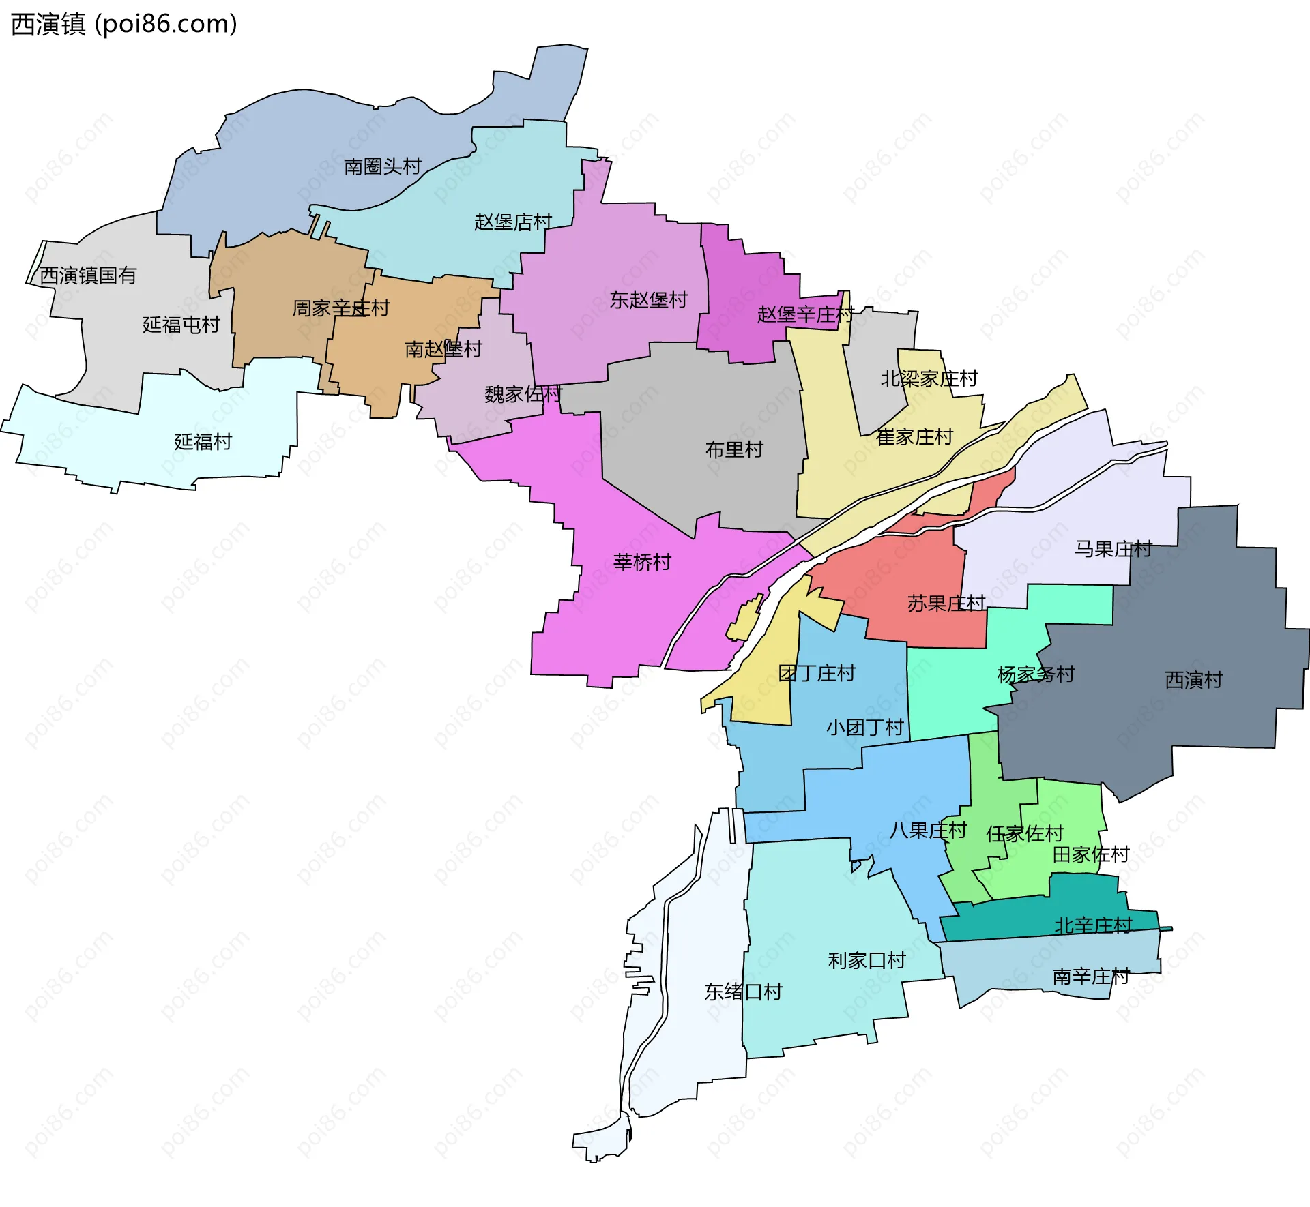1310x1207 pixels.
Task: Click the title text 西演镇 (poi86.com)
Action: coord(124,25)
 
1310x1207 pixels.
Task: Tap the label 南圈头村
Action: coord(382,166)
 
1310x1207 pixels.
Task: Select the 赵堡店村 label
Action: coord(512,222)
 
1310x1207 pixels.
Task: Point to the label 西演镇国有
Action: coord(88,275)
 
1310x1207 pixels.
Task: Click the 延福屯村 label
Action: coord(181,325)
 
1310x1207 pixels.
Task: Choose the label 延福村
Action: coord(203,442)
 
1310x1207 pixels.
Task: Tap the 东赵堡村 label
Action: coord(648,300)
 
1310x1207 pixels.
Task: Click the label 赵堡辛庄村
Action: coord(805,314)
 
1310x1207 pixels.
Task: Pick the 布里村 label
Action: coord(733,449)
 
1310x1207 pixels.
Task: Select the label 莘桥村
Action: coord(641,562)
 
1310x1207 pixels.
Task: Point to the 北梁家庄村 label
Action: coord(929,378)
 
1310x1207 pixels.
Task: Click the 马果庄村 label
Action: coord(1113,548)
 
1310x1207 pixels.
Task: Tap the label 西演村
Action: coord(1193,679)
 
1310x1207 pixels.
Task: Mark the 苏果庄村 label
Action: coord(946,603)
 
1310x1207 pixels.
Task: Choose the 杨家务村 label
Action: coord(1035,674)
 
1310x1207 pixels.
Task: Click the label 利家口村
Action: coord(866,960)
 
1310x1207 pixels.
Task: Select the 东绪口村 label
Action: coord(742,992)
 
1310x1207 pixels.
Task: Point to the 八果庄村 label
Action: coord(927,830)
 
